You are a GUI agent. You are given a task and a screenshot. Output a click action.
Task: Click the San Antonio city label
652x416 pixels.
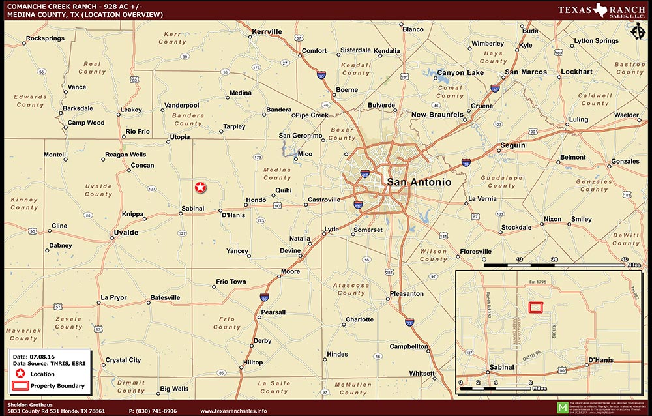pos(419,182)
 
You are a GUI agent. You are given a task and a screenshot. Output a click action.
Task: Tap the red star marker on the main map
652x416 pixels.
pos(201,187)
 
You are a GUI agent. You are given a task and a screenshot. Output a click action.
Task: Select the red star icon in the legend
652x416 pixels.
pos(20,374)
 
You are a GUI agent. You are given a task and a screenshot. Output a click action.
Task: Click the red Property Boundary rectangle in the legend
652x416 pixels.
pos(20,386)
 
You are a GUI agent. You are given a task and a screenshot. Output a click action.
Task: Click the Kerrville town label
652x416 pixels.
pos(267,31)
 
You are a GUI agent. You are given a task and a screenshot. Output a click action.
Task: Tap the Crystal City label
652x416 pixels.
pos(123,360)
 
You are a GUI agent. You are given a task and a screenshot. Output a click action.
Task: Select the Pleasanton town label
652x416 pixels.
pos(406,294)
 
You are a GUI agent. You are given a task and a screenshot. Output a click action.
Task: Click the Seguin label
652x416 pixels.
pos(512,145)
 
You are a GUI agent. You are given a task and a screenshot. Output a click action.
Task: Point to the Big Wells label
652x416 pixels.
pos(174,389)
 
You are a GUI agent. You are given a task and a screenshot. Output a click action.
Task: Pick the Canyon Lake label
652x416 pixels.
pos(460,72)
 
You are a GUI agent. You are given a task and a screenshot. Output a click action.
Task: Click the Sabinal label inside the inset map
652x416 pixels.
pos(501,368)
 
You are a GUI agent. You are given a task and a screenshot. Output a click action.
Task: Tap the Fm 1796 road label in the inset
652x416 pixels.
pos(536,282)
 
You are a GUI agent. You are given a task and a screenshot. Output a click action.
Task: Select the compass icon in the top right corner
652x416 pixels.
pos(638,31)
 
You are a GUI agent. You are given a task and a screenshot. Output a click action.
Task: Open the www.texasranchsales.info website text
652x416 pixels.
pos(233,411)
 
